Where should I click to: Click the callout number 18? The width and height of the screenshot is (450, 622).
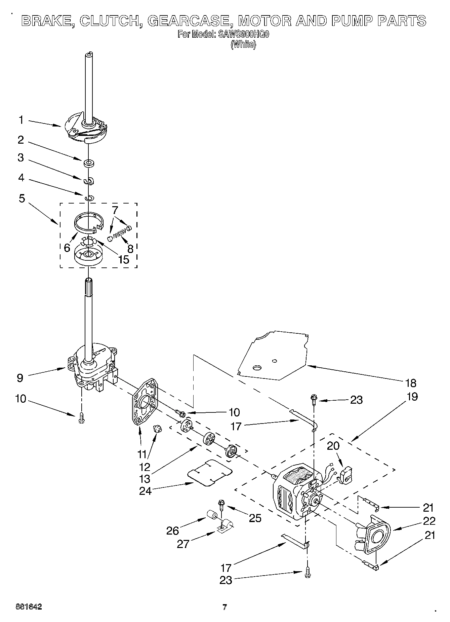(411, 383)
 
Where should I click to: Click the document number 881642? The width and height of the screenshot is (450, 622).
(29, 607)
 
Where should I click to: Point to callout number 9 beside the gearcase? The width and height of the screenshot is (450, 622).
(20, 378)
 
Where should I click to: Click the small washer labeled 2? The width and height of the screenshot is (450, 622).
(89, 163)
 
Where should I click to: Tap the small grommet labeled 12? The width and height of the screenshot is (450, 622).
(157, 429)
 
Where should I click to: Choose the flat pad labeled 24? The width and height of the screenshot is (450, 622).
(210, 473)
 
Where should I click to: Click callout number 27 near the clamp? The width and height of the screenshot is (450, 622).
(183, 544)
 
